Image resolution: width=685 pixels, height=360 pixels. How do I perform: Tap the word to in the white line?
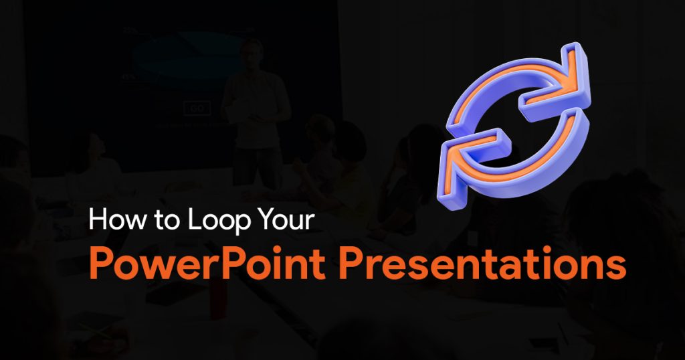[x=167, y=219]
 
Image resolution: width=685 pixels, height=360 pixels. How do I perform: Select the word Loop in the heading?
[x=215, y=221]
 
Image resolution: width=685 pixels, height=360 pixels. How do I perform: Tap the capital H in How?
[x=97, y=219]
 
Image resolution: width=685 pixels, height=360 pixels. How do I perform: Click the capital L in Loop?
[x=195, y=219]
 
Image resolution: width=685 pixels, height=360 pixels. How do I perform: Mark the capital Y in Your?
[x=258, y=219]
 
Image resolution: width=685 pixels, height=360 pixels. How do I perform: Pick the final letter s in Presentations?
[x=616, y=268]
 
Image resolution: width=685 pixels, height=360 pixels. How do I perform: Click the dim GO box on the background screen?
[x=197, y=108]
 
